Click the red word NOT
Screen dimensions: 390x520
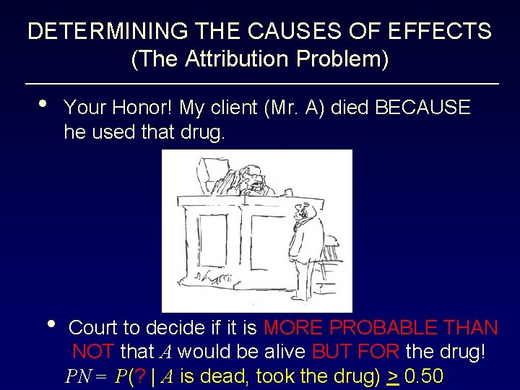tap(93, 352)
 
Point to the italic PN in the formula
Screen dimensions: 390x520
tap(78, 377)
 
